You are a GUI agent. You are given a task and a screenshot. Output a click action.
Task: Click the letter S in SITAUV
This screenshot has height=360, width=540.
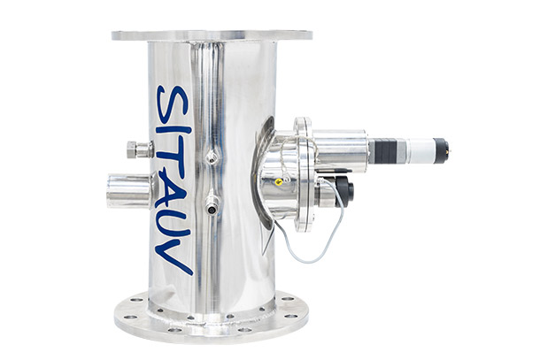click(x=173, y=104)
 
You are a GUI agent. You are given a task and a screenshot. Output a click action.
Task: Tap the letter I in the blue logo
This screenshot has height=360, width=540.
click(x=174, y=130)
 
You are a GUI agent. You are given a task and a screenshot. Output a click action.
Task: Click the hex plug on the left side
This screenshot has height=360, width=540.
click(x=140, y=149)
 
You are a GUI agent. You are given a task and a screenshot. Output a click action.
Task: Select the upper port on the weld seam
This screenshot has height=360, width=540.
click(x=212, y=158)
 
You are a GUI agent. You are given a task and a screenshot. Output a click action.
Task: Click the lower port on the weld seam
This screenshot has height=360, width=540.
click(x=212, y=207)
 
